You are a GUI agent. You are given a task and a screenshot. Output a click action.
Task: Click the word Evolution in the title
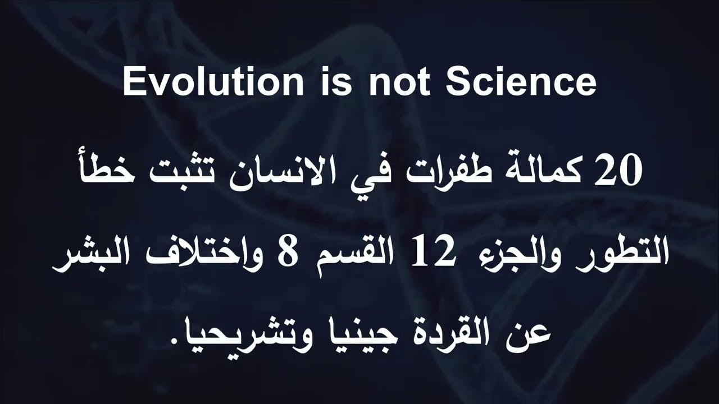(x=213, y=82)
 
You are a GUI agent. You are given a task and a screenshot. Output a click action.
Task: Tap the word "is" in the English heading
(x=336, y=82)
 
